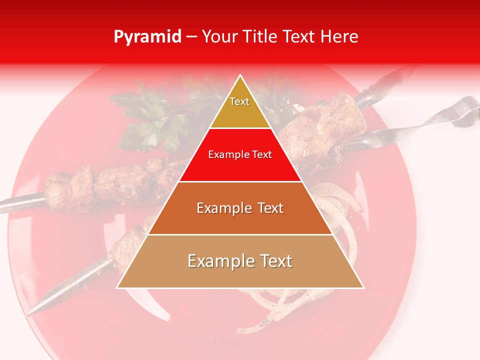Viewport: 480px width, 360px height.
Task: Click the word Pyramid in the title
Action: coord(147,36)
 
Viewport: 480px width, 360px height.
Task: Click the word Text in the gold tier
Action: coord(239,101)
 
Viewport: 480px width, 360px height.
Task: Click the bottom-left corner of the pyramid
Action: coord(117,287)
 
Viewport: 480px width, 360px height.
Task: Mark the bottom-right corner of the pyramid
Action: coord(363,287)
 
